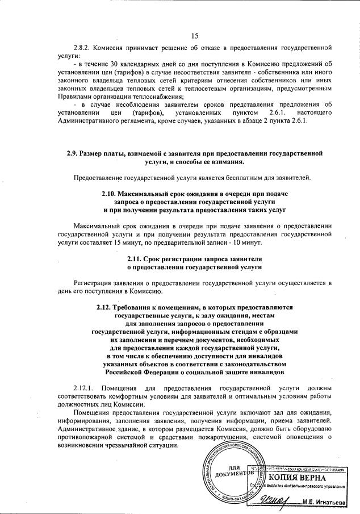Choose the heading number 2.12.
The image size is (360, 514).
point(106,307)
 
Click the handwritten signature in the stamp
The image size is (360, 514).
point(279,500)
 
